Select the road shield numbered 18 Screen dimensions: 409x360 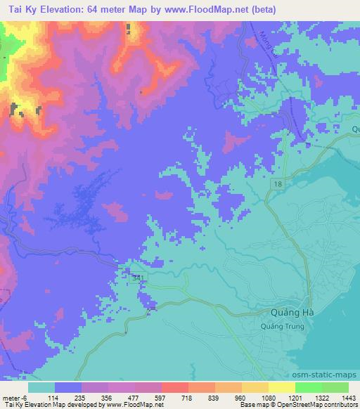[278, 183]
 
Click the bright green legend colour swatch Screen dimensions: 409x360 [308, 387]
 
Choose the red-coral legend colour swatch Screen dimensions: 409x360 [174, 387]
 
